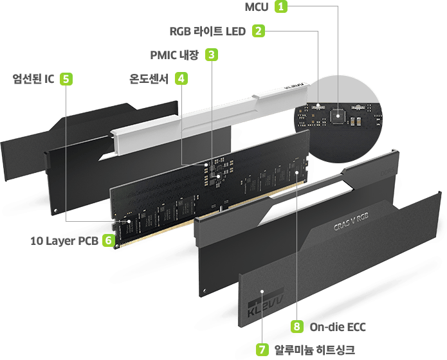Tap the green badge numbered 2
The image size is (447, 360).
point(258,30)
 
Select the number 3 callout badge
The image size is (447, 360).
point(210,54)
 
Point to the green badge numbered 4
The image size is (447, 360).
point(183,78)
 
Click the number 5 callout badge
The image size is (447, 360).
point(66,78)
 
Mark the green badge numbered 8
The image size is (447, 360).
point(296,327)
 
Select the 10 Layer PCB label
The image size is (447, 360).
point(65,241)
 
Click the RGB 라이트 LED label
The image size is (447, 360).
point(208,31)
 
